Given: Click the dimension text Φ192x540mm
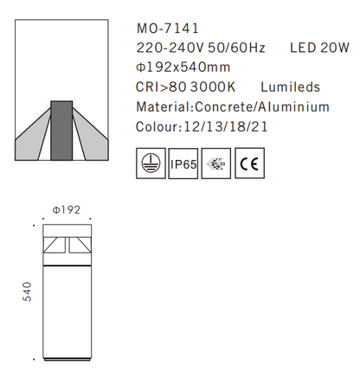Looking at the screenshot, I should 183,67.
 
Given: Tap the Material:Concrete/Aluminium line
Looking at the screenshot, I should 233,107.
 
